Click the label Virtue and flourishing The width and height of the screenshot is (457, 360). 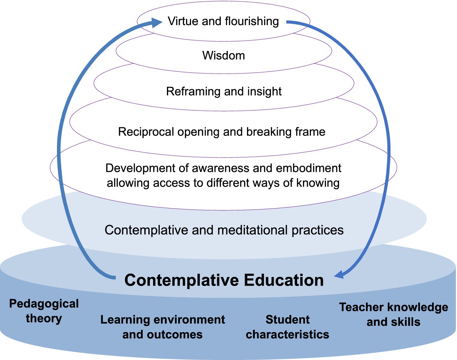[223, 22]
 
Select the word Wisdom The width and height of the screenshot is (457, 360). [224, 56]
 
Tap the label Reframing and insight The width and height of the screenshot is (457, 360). [224, 92]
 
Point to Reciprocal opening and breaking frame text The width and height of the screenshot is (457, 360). [222, 132]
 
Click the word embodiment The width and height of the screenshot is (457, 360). [309, 168]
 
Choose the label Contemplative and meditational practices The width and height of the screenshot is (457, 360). [224, 230]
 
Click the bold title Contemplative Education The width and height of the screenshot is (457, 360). [224, 280]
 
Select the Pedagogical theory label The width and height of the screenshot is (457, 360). [44, 311]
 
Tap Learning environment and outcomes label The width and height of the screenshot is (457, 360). [162, 327]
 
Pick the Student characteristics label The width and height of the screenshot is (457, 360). [288, 327]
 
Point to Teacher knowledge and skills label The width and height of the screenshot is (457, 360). [393, 315]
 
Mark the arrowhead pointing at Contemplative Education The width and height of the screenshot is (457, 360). [340, 275]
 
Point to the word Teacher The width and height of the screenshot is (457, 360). [358, 307]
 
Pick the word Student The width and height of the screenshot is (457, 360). [288, 320]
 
